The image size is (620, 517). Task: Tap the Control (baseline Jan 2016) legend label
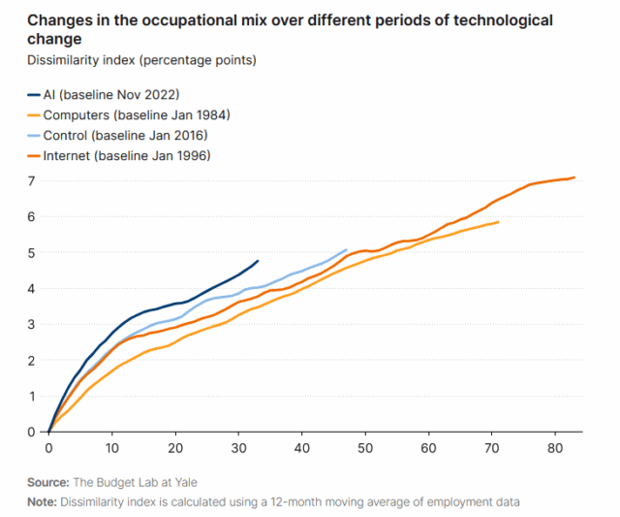[126, 134]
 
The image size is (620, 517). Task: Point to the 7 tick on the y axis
[32, 181]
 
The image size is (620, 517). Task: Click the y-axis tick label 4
[32, 289]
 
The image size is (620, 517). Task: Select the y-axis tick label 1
[32, 396]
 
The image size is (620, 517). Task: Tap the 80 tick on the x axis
[555, 449]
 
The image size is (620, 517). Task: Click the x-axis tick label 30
[238, 449]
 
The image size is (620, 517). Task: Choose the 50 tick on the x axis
[365, 449]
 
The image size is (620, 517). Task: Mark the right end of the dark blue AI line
[258, 260]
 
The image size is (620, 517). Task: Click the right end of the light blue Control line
[347, 249]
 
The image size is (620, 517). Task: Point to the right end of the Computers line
[499, 222]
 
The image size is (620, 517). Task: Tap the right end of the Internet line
[574, 178]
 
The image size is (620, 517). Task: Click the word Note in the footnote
[43, 501]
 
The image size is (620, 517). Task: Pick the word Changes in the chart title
[57, 20]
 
